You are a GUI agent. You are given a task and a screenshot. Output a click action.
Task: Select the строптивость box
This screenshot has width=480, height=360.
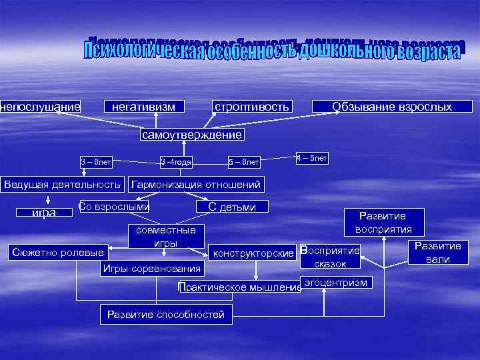(x=251, y=107)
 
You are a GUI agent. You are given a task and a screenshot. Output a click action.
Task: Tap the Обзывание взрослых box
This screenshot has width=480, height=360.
(x=392, y=107)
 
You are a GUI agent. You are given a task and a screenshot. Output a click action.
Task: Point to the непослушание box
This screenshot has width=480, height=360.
(x=41, y=107)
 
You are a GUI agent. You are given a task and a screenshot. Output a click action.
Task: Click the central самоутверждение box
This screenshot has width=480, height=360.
(x=191, y=135)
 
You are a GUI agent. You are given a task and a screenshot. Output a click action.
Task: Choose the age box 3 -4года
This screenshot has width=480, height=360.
(x=177, y=161)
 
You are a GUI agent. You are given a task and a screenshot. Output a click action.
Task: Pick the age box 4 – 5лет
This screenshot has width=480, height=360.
(x=311, y=159)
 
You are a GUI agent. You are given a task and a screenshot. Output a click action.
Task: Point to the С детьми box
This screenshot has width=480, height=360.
(x=232, y=207)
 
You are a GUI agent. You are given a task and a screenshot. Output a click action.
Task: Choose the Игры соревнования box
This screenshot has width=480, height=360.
(x=151, y=269)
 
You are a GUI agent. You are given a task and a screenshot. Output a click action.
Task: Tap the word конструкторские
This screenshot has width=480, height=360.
(x=253, y=253)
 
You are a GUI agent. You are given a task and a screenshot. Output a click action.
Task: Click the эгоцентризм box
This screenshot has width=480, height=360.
(x=335, y=283)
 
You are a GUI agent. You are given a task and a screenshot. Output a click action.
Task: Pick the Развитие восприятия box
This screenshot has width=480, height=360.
(x=383, y=222)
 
